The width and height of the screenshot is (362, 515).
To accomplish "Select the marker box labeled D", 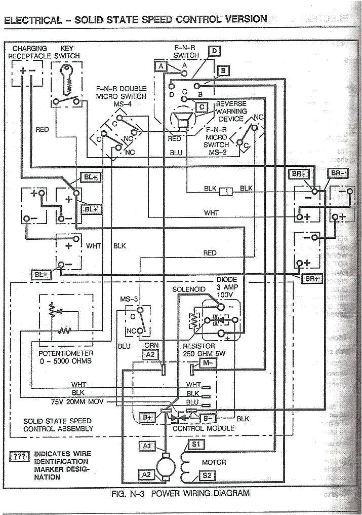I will (214, 51).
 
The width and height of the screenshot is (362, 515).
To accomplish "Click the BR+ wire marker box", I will (310, 279).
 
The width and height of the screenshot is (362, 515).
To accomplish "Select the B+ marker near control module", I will (147, 417).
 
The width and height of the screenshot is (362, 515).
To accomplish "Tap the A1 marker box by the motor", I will (148, 446).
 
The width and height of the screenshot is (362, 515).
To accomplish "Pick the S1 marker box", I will (196, 444).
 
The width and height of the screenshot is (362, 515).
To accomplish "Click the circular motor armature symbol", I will (164, 463).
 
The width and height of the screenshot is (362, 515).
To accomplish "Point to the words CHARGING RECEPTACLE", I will (29, 52).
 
